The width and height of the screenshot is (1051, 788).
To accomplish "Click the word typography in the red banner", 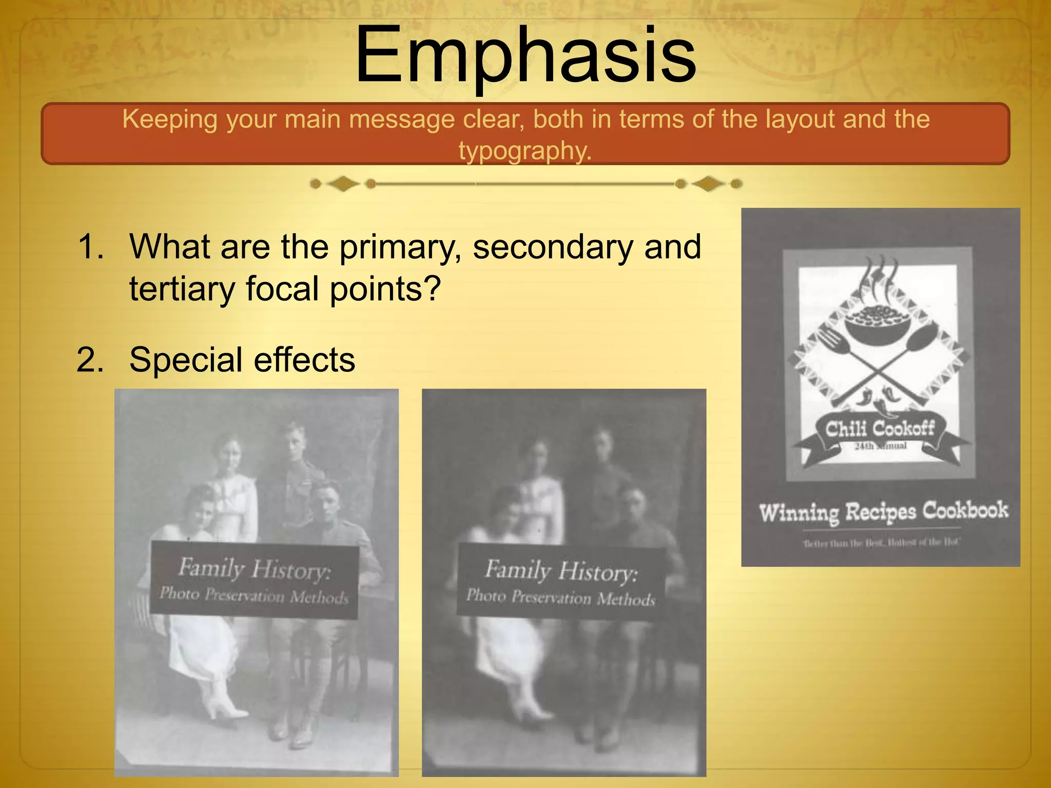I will [525, 151].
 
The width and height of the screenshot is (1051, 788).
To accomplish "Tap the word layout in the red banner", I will [801, 119].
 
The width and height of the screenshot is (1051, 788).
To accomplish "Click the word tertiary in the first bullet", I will [183, 289].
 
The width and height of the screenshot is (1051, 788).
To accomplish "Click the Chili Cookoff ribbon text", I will [880, 428].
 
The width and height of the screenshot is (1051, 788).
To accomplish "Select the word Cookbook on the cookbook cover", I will [965, 510].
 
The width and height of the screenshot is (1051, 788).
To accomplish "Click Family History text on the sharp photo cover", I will [255, 569].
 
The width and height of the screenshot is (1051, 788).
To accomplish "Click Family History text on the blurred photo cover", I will [561, 570].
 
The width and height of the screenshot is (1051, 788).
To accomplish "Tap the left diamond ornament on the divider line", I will [343, 184].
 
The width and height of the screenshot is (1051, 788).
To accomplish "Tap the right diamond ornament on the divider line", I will [708, 184].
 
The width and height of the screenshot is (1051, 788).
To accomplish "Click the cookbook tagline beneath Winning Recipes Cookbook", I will [881, 542].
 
